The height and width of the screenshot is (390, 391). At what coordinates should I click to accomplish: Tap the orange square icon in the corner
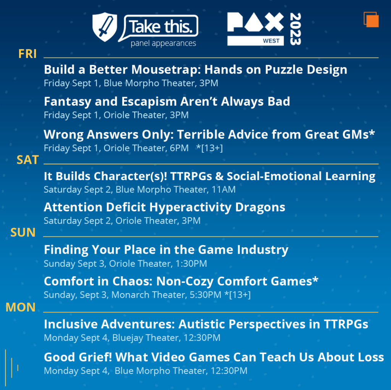(371, 19)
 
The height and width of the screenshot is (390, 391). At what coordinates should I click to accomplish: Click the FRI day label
(27, 54)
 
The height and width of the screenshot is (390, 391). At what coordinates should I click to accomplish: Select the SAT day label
(27, 160)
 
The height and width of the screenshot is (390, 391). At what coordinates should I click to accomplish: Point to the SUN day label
(23, 232)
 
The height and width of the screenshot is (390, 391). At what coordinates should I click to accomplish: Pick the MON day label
(21, 307)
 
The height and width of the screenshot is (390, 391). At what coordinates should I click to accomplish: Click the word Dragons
(259, 207)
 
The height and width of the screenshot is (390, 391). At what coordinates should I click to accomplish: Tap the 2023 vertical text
(295, 29)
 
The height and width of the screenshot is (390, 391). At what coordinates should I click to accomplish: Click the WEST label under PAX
(271, 41)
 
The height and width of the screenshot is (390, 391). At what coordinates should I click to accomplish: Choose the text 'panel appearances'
(163, 43)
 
